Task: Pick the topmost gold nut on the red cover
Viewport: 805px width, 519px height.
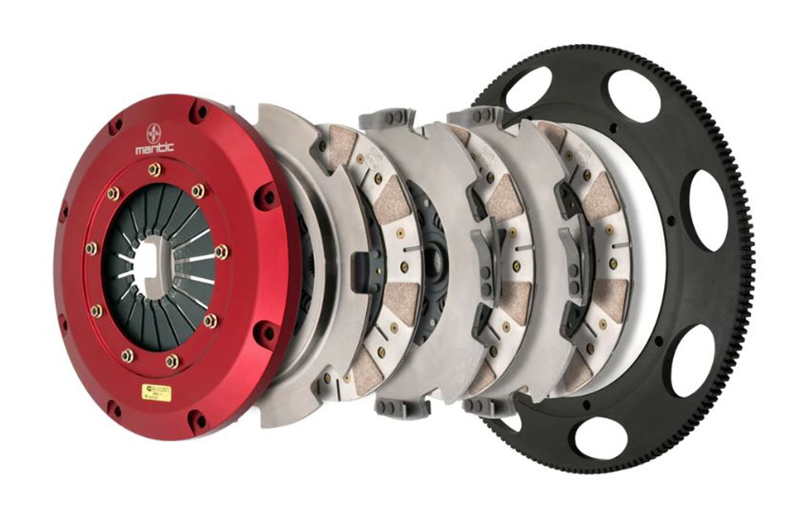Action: (154, 170)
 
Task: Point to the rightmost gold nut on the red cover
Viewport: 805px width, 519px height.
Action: (221, 252)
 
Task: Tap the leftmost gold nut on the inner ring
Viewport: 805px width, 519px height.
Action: (91, 248)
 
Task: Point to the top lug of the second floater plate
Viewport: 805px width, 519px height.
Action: (483, 116)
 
